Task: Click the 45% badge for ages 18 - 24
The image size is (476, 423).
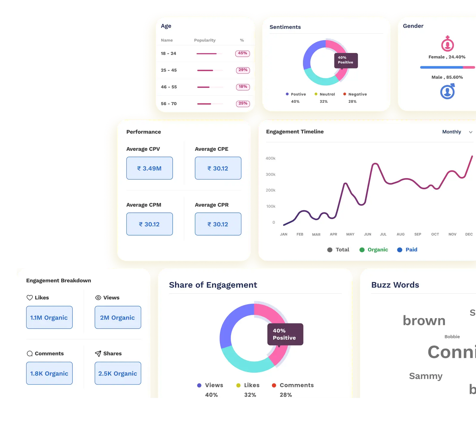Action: coord(242,53)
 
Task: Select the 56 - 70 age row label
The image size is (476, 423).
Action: coord(169,104)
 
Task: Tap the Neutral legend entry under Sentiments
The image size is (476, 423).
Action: coord(325,94)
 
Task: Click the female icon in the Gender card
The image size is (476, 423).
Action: coord(447,44)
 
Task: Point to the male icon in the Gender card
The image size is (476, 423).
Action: coord(447,91)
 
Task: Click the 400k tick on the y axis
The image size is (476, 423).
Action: coord(271,158)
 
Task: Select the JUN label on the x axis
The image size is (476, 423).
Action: coord(367,234)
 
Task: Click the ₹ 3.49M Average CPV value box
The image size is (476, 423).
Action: coord(149,168)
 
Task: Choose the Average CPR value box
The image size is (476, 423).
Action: coord(218,224)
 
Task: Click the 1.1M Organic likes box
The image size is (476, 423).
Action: coord(49,318)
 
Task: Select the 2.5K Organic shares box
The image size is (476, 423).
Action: coord(118,373)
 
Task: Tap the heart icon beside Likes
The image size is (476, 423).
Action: coord(30,298)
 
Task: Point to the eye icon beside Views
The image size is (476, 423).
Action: coord(98,298)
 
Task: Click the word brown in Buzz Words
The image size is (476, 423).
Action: coord(424,321)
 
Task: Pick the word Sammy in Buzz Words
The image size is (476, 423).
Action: coord(426,376)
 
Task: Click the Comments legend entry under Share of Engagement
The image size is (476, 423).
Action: coord(293,385)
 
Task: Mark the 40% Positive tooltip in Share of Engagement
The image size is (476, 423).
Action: coord(285,334)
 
